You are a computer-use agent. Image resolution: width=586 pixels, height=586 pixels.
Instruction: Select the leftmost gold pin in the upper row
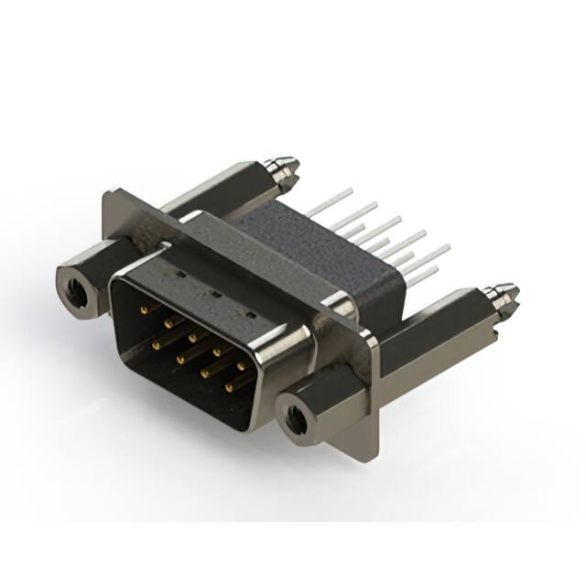tap(145, 309)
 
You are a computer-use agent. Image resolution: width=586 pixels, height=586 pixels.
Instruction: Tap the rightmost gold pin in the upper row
tap(242, 365)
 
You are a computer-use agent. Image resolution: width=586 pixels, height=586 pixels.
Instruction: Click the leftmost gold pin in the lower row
tap(158, 345)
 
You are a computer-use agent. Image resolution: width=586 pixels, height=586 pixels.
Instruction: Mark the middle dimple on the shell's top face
tap(214, 295)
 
